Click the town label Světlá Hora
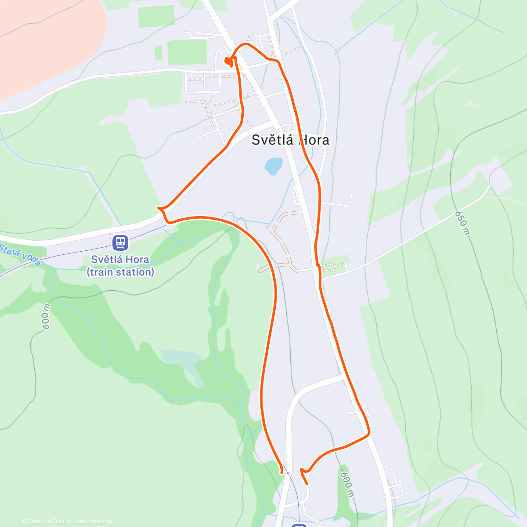pyautogui.click(x=290, y=140)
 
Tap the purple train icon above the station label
pyautogui.click(x=120, y=242)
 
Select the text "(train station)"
pyautogui.click(x=120, y=272)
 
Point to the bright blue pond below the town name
pyautogui.click(x=273, y=166)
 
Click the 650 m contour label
pyautogui.click(x=462, y=223)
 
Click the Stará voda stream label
pyautogui.click(x=20, y=256)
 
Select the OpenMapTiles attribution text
pyautogui.click(x=43, y=521)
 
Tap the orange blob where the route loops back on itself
pyautogui.click(x=228, y=61)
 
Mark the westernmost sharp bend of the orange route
pyautogui.click(x=160, y=208)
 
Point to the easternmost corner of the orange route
pyautogui.click(x=368, y=433)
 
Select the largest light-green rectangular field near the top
pyautogui.click(x=187, y=53)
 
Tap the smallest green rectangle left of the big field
pyautogui.click(x=158, y=53)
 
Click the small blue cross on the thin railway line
pyautogui.click(x=288, y=473)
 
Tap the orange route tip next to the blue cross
pyautogui.click(x=282, y=472)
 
